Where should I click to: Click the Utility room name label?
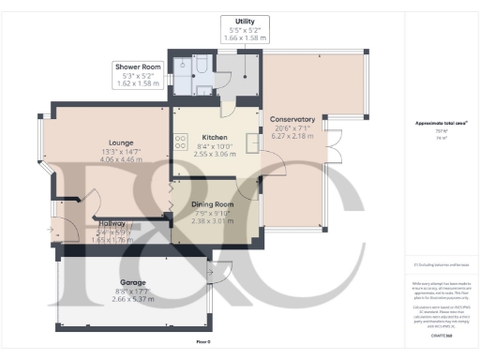click(x=247, y=20)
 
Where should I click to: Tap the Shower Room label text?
click(x=137, y=67)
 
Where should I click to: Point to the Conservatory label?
click(x=292, y=119)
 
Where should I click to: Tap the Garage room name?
click(x=132, y=281)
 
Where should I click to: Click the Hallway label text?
click(x=112, y=223)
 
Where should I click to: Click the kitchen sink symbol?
click(x=252, y=142)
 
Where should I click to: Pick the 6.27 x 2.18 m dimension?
click(x=292, y=136)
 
